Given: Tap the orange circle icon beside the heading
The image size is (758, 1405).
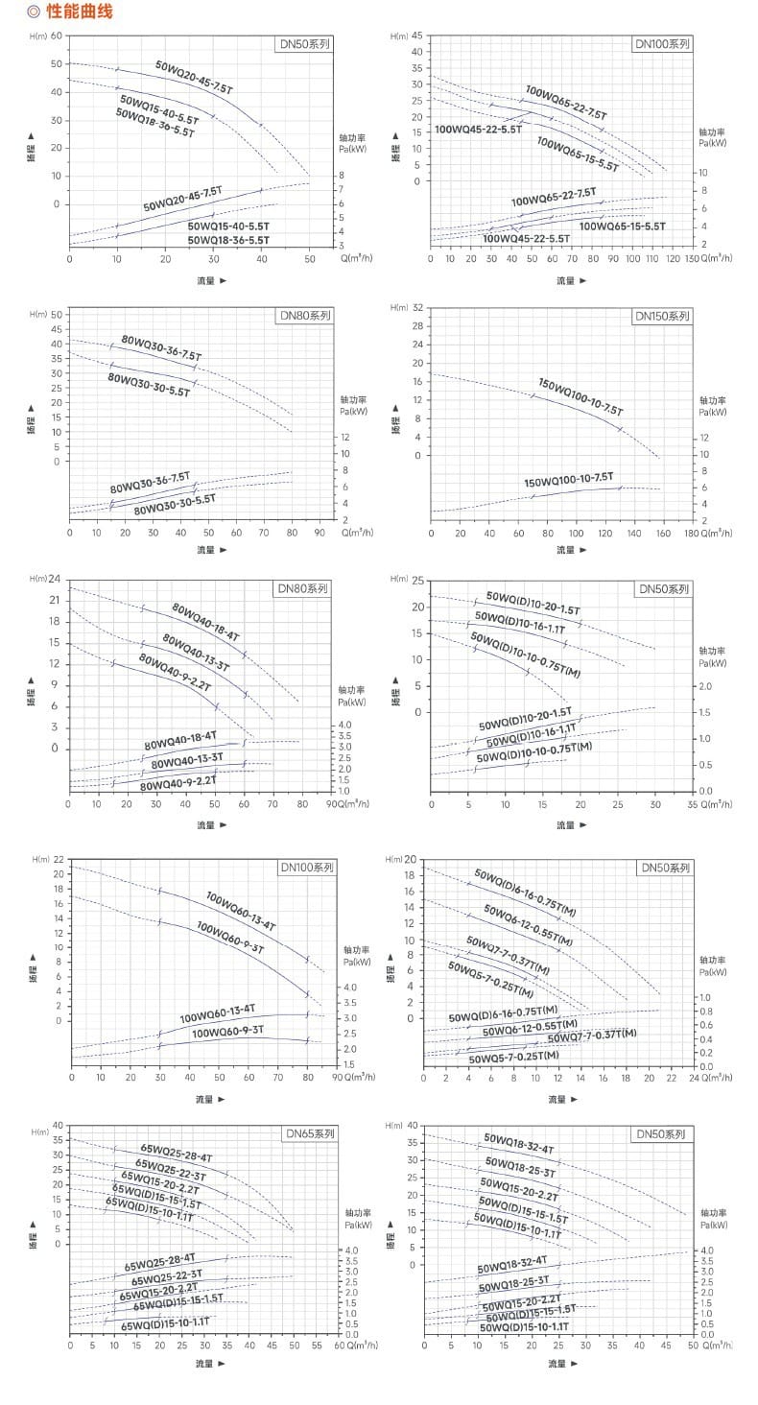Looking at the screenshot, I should pyautogui.click(x=34, y=12).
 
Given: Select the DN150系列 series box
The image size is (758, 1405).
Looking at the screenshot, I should pyautogui.click(x=661, y=316).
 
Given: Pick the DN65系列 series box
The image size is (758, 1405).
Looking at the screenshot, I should pyautogui.click(x=309, y=1133).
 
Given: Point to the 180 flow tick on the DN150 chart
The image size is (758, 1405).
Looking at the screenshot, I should pyautogui.click(x=691, y=533).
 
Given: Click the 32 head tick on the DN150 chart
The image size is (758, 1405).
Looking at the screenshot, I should pyautogui.click(x=417, y=307).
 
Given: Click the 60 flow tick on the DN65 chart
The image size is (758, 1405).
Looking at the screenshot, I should pyautogui.click(x=339, y=1345).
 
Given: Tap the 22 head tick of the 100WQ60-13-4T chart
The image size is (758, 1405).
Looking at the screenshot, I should pyautogui.click(x=59, y=859).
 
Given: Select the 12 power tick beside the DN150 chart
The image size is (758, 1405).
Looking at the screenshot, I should pyautogui.click(x=704, y=438).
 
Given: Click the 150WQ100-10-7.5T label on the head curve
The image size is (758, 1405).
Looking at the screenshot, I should pyautogui.click(x=580, y=396).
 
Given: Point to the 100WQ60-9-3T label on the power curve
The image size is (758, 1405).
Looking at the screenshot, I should pyautogui.click(x=227, y=1033).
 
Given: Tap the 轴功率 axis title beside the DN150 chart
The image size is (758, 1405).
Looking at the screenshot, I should pyautogui.click(x=712, y=400).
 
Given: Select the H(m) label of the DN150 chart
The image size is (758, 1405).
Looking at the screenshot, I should pyautogui.click(x=400, y=307).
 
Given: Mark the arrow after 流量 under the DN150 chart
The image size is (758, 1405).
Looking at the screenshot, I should pyautogui.click(x=583, y=550).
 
